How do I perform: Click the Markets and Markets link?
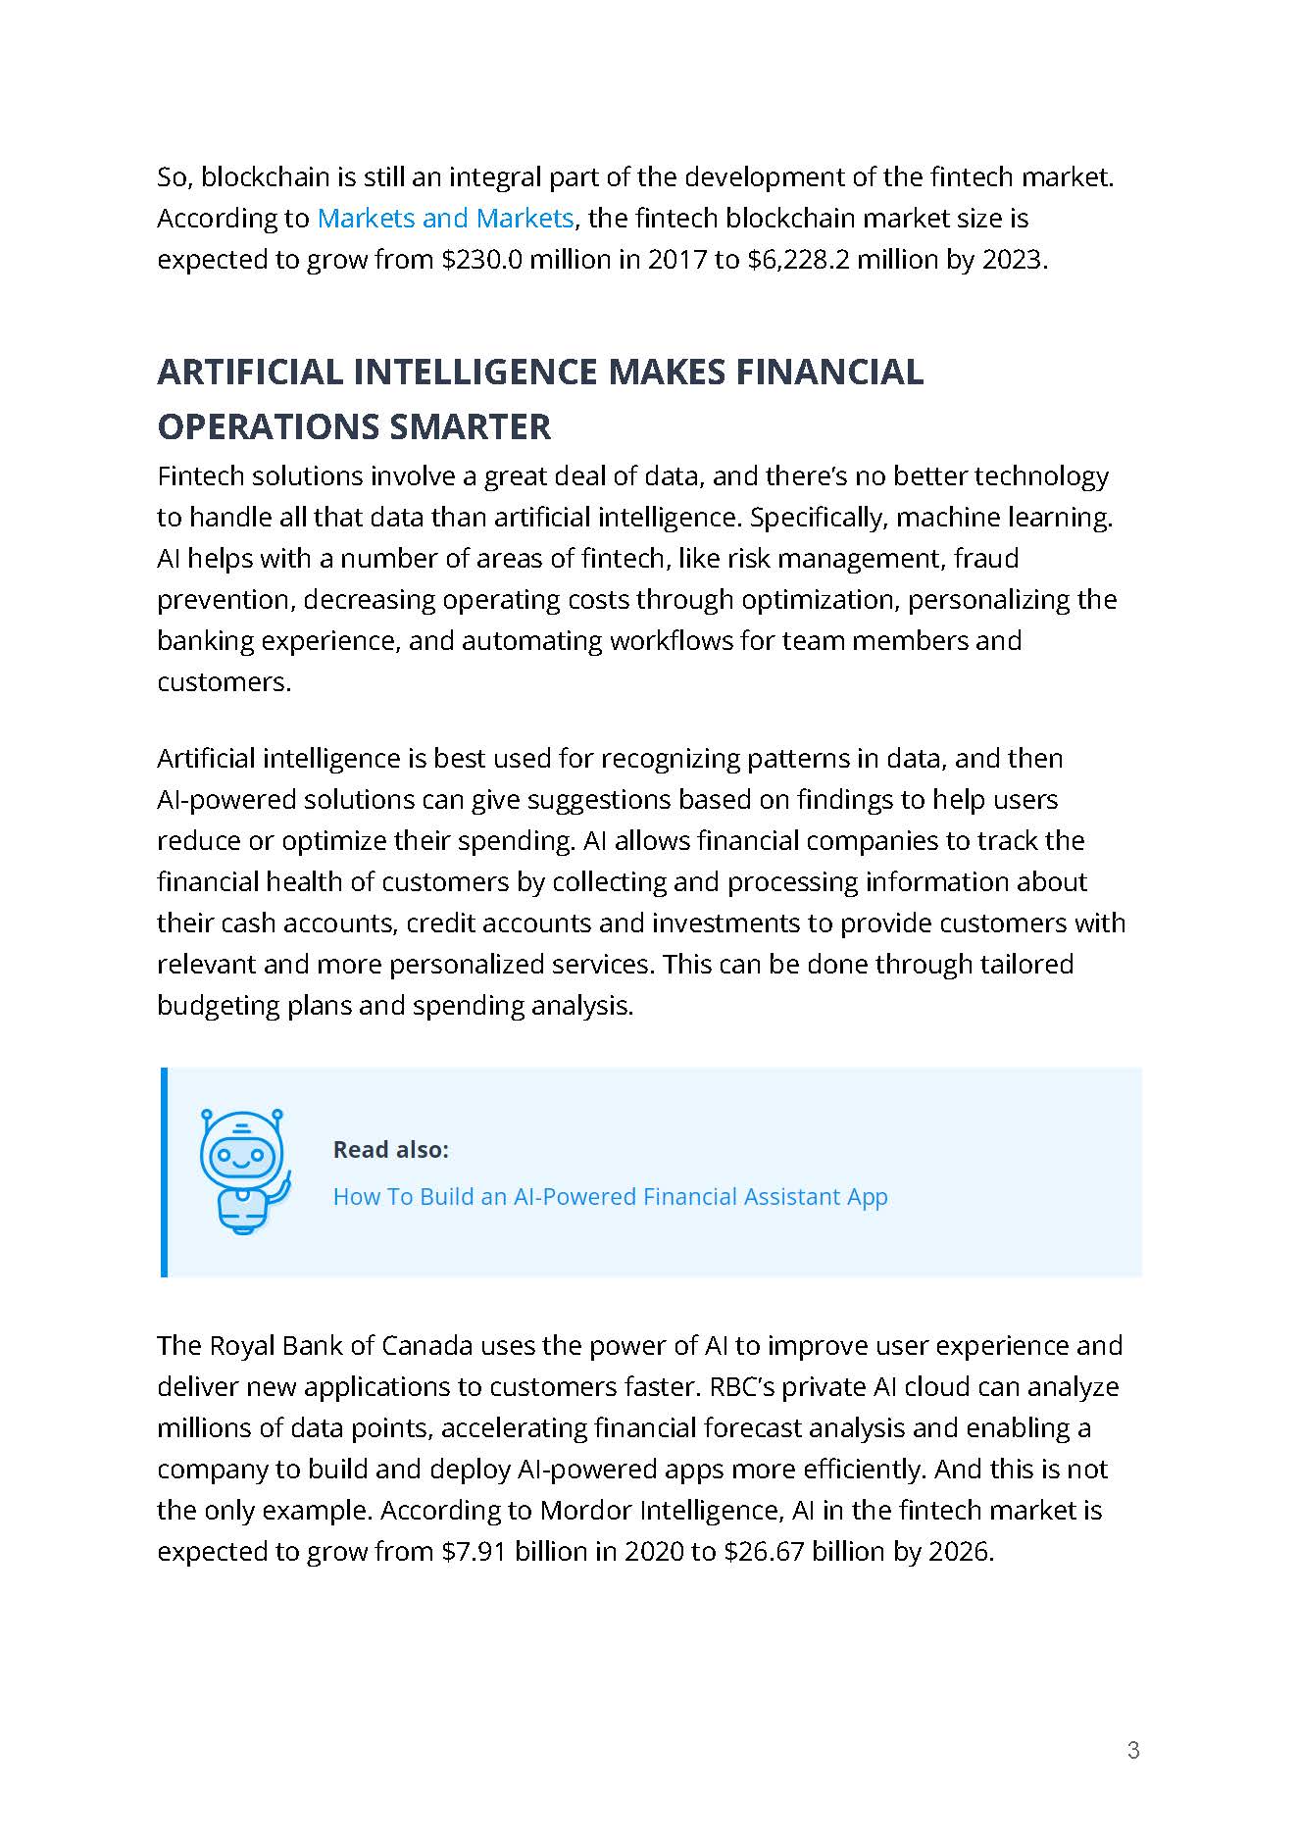pos(445,218)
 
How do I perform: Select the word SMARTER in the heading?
pos(470,427)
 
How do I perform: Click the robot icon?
pos(243,1171)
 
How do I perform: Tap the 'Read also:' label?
pos(390,1149)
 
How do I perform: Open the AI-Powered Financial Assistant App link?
pos(610,1197)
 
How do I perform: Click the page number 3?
pos(1133,1750)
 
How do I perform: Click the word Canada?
pos(426,1346)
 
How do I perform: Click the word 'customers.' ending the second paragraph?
pos(224,682)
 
